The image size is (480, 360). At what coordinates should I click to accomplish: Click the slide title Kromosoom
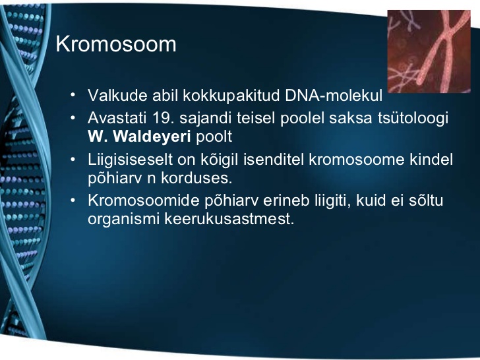tap(116, 44)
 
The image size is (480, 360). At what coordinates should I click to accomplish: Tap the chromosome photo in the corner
tap(429, 51)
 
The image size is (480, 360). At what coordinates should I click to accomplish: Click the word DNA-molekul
tap(334, 95)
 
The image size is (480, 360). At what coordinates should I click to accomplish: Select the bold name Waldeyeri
tap(152, 136)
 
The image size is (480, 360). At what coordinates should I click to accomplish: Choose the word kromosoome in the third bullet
tap(356, 160)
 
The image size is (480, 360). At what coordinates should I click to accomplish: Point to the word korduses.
tap(196, 178)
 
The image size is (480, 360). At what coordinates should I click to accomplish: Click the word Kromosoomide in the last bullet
tap(144, 200)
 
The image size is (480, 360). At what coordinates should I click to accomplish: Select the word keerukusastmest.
tap(229, 219)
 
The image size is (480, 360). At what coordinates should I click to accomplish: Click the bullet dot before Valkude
tap(73, 95)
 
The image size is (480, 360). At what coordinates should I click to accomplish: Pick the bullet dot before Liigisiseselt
tap(73, 159)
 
